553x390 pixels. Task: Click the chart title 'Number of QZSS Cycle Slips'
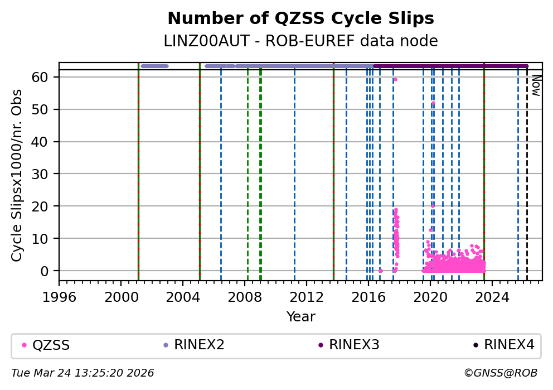tap(300, 18)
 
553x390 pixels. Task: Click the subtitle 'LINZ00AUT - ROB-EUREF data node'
tap(300, 41)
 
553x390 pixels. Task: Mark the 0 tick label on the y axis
tap(48, 271)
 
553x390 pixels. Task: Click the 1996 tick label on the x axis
tap(60, 297)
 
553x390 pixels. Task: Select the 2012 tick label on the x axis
tap(307, 297)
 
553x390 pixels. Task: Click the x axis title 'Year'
tap(300, 317)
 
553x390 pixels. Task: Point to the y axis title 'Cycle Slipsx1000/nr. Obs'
tap(17, 175)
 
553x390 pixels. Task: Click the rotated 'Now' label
tap(536, 85)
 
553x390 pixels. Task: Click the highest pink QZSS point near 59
tap(395, 80)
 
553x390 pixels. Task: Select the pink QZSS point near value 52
tap(433, 103)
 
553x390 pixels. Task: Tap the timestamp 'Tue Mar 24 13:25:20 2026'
tap(83, 373)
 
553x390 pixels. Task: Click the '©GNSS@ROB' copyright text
tap(501, 373)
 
